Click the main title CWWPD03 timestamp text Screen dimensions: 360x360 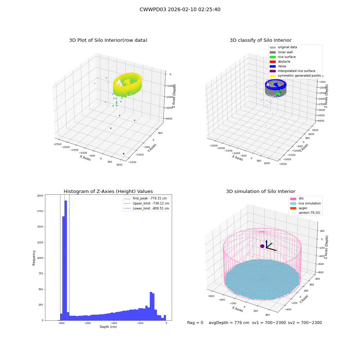(180, 9)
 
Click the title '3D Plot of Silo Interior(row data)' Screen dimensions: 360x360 (108, 40)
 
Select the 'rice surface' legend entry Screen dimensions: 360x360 (283, 57)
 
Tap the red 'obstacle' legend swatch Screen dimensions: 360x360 (273, 62)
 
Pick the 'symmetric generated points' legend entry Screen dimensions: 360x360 (295, 76)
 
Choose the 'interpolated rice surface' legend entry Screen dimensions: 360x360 (292, 71)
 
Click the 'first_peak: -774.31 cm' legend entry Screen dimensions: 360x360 (145, 198)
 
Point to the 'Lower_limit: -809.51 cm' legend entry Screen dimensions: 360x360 (147, 208)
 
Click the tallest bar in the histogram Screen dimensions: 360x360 (66, 260)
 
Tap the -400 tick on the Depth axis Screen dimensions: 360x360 (114, 323)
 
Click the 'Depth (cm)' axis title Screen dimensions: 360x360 (108, 327)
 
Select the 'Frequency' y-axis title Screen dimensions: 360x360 (34, 258)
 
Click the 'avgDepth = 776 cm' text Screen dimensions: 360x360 (229, 323)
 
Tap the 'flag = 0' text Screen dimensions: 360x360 (195, 323)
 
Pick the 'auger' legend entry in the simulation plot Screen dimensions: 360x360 (299, 208)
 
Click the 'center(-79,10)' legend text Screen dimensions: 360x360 (309, 213)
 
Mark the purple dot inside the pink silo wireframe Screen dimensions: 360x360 (262, 246)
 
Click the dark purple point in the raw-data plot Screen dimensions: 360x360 (123, 154)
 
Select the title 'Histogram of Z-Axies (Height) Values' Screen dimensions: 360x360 (108, 192)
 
